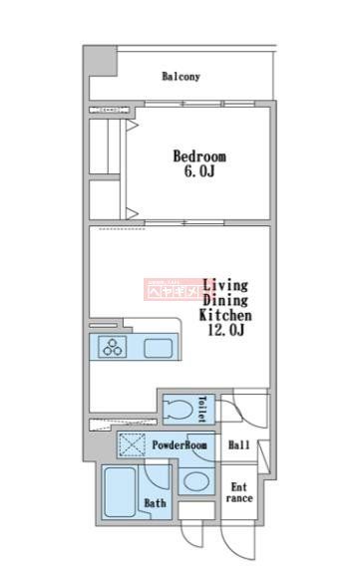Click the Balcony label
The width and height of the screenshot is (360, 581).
coord(180,76)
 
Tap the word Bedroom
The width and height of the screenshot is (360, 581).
coord(199,156)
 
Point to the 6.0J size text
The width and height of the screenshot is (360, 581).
coord(199,173)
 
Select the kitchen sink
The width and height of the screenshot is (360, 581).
coord(159,349)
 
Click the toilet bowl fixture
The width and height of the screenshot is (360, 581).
coord(180,409)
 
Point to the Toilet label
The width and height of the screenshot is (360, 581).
coord(201,408)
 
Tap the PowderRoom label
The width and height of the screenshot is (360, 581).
coord(180,445)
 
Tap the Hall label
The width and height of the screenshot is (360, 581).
coord(239,445)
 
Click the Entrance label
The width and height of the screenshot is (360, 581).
coord(240,493)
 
